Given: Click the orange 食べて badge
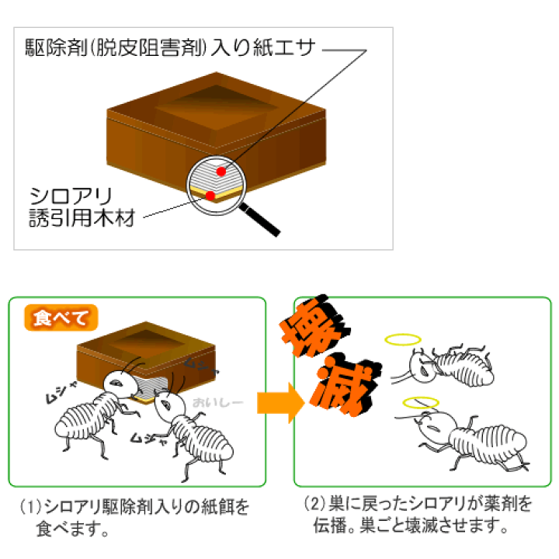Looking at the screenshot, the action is pos(61,318).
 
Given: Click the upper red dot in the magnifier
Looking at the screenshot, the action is pos(221,172).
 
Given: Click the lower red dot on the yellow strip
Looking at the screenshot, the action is pos(210,196).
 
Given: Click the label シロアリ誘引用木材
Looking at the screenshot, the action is pos(82,207).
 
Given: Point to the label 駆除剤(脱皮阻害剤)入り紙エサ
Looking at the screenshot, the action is pos(170,48).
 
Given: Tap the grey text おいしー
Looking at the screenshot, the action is pos(218,402).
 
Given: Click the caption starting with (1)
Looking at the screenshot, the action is pos(134,517).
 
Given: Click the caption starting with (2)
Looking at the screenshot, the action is pos(418,515).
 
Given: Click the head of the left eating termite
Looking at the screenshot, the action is pos(119,384).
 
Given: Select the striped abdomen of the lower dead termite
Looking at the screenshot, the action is pos(488,443).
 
